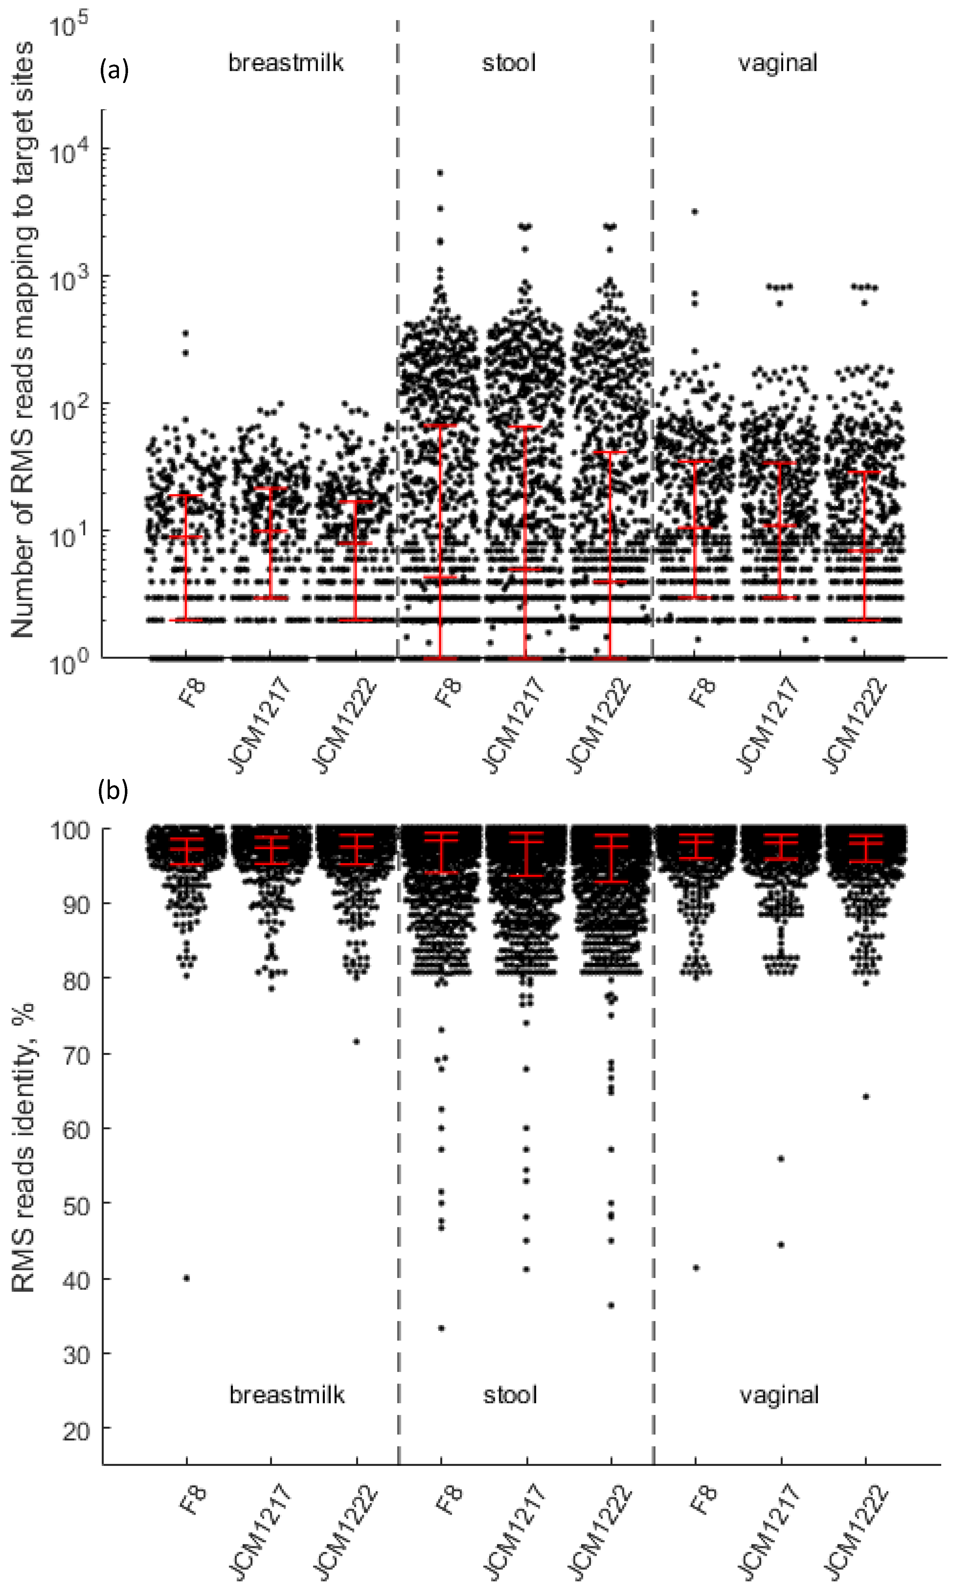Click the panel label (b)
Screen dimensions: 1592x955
click(113, 791)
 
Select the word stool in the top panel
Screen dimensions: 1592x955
click(508, 63)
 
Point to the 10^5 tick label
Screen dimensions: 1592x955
click(68, 26)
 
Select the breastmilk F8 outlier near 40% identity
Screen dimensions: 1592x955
click(187, 1278)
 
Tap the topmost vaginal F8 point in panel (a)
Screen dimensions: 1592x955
click(695, 211)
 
